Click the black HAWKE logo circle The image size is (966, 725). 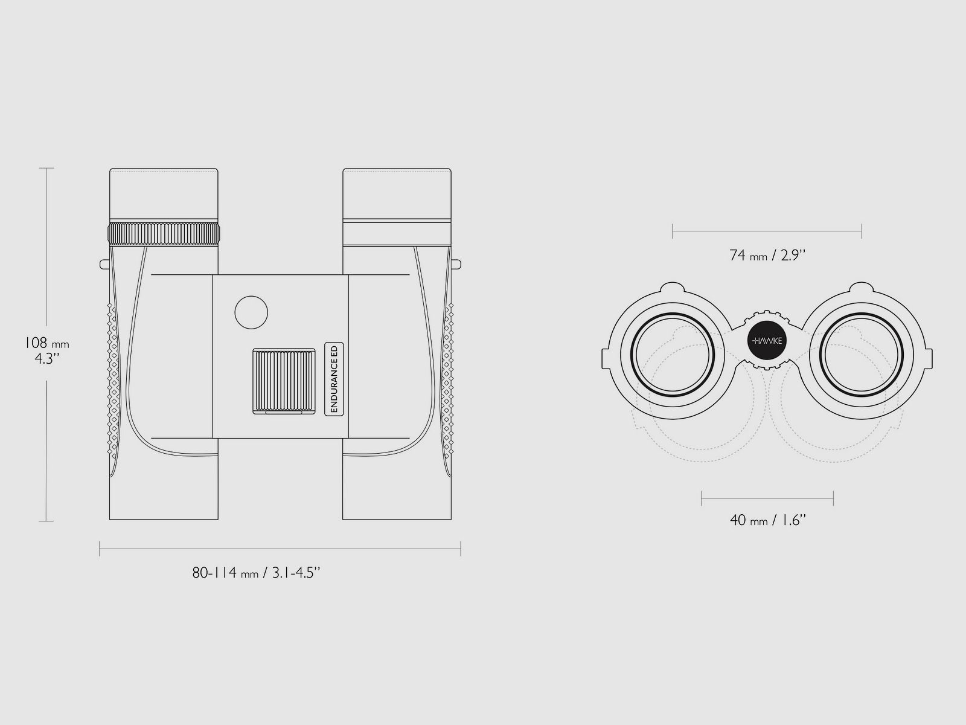tap(767, 341)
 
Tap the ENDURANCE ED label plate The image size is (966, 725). tap(334, 379)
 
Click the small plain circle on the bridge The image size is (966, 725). tap(251, 312)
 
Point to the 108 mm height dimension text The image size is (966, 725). tap(46, 350)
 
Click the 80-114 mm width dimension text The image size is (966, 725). tap(256, 573)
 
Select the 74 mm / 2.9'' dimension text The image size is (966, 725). tap(767, 256)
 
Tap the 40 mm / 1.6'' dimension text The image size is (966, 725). tap(768, 520)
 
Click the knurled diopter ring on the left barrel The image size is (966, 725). tap(164, 234)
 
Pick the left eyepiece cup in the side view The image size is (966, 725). tap(164, 193)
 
